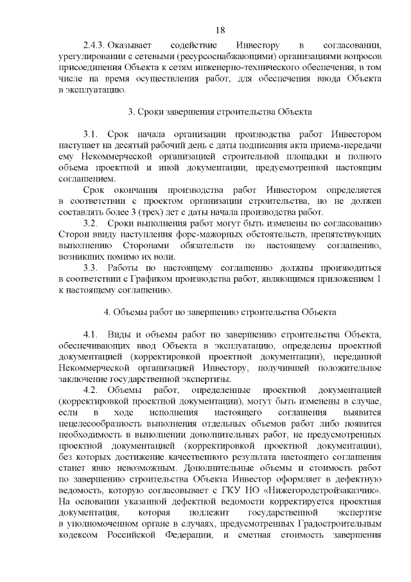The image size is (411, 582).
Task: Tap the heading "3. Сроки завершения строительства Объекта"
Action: (x=220, y=113)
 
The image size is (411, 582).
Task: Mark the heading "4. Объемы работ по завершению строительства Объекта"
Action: (x=220, y=313)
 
